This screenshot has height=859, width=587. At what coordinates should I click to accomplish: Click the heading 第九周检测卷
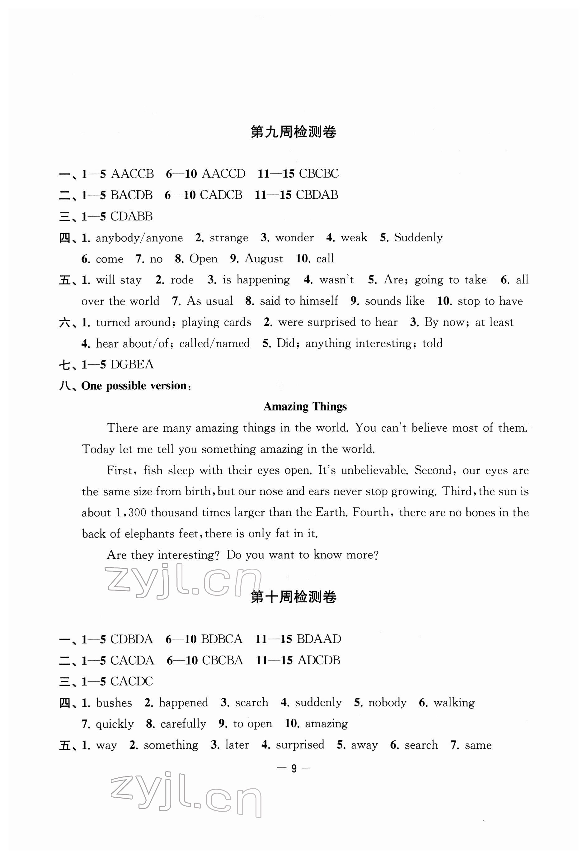293,132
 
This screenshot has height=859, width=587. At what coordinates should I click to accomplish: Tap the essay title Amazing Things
305,406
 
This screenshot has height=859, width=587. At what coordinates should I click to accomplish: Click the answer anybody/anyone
139,238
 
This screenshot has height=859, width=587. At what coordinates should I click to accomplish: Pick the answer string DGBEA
132,364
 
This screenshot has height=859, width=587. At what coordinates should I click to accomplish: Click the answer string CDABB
132,216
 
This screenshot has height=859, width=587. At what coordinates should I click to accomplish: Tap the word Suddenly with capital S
418,238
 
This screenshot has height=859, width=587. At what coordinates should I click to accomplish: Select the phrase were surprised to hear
338,322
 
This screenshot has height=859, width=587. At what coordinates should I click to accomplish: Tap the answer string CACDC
132,681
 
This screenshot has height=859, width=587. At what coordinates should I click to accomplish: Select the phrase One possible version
134,386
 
